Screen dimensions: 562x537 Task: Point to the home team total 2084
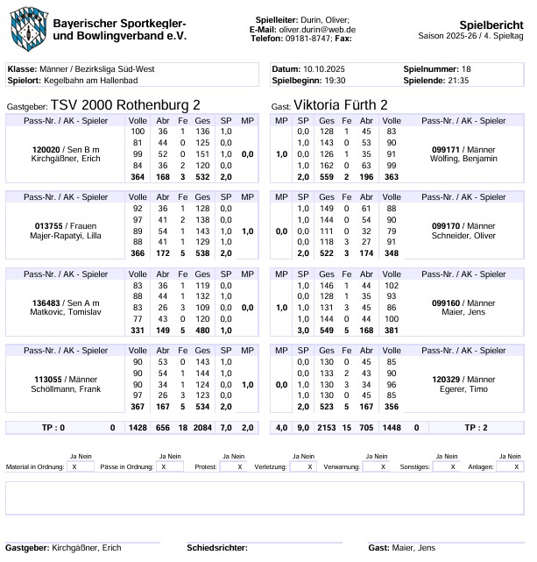pos(201,429)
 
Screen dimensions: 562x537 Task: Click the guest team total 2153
pos(327,429)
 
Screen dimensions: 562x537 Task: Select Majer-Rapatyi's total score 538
pos(201,253)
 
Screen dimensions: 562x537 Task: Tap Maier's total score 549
pos(327,330)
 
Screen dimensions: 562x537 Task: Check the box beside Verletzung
pos(302,467)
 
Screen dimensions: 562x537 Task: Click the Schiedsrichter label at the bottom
pos(216,548)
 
